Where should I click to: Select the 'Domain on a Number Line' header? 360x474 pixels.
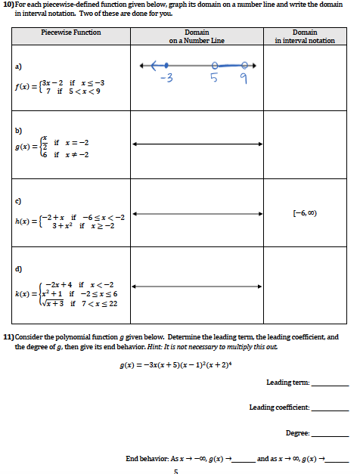(x=197, y=36)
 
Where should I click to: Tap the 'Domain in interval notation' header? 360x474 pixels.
(x=304, y=36)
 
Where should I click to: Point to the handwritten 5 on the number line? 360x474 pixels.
(x=214, y=78)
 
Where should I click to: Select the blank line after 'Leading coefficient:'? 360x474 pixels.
(x=330, y=409)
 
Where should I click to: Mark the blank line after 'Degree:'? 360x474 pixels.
(x=330, y=435)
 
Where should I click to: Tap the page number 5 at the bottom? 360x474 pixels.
(x=175, y=471)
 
